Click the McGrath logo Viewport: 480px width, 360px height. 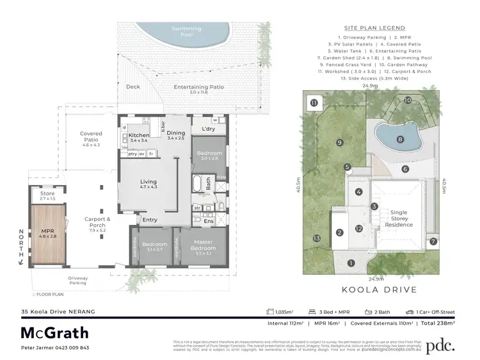tap(55, 333)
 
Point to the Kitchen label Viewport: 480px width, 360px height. tap(139, 136)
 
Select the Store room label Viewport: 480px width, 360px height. tap(48, 196)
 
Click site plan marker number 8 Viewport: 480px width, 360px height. tap(401, 138)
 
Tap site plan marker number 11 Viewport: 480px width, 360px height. tap(314, 102)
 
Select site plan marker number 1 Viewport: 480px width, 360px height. tap(350, 263)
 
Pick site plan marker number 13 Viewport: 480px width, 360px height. tap(316, 239)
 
